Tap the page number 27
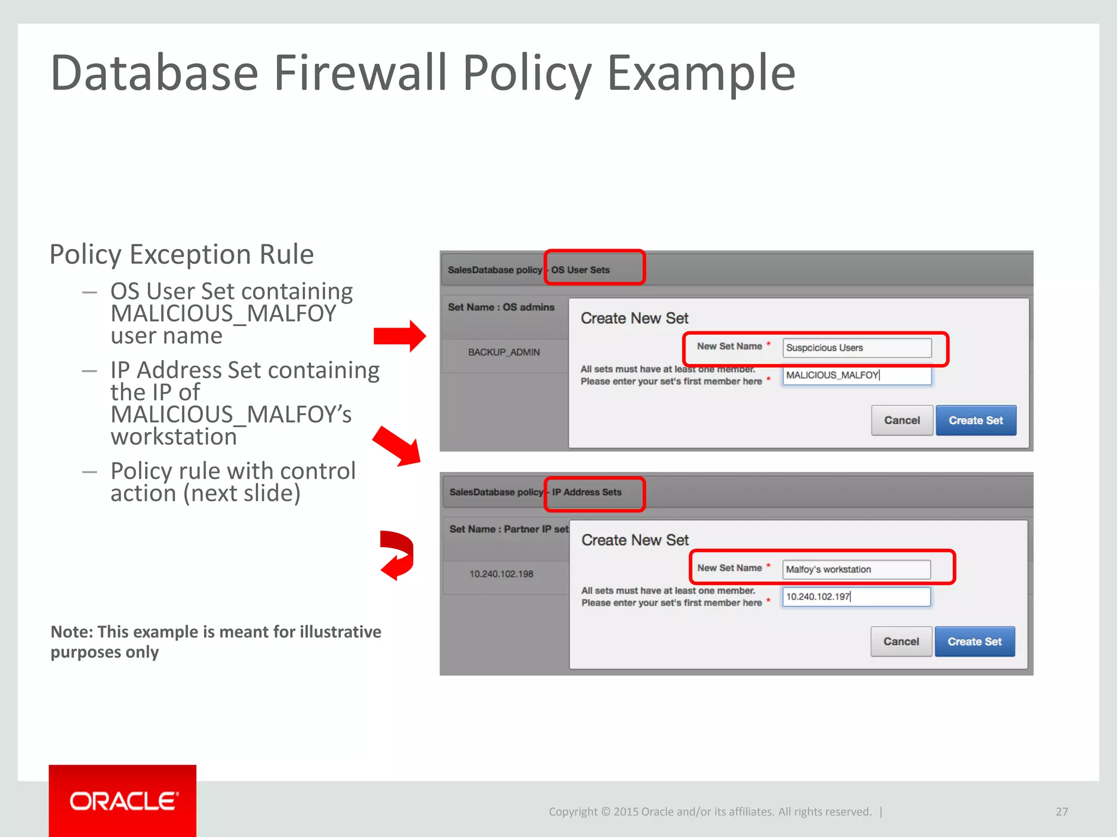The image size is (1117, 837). [1061, 811]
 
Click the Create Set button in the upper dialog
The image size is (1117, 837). [976, 420]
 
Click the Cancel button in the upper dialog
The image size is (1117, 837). [902, 420]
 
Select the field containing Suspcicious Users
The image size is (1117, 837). [856, 348]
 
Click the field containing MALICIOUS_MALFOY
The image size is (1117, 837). [856, 375]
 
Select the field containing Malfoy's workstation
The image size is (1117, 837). [856, 569]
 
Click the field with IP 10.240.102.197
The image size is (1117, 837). [856, 597]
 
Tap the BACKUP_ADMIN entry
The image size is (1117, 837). [503, 353]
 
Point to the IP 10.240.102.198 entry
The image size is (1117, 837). [501, 574]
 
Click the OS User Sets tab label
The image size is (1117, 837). [580, 270]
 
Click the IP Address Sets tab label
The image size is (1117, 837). [586, 492]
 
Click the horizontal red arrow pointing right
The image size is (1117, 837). [399, 336]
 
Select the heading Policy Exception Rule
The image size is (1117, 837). [182, 254]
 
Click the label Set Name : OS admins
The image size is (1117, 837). [501, 307]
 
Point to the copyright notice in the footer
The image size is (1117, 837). [710, 811]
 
